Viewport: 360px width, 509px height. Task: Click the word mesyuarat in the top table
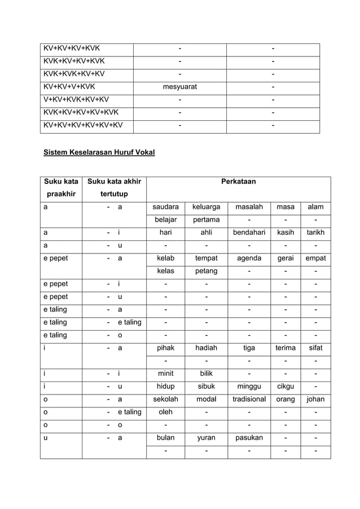point(180,87)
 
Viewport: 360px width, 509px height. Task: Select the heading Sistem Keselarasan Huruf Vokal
point(99,152)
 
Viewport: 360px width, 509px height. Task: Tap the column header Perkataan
point(238,182)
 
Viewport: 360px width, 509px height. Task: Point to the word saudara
point(166,207)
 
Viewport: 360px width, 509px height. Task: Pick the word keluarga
point(206,207)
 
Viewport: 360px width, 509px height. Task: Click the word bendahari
point(249,232)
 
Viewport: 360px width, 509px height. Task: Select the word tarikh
point(315,232)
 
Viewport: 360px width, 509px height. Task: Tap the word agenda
point(249,258)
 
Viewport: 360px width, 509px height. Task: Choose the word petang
point(206,271)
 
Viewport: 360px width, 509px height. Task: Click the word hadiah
point(206,348)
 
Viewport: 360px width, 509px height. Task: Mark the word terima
point(285,348)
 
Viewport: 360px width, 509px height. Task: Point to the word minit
point(166,374)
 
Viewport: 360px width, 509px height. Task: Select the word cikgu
point(285,387)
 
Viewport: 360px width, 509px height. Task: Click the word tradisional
point(249,399)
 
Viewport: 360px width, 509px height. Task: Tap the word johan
point(315,399)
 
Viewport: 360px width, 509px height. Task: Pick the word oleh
point(166,412)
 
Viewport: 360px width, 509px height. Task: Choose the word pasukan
point(249,437)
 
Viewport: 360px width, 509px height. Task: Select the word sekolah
point(166,399)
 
